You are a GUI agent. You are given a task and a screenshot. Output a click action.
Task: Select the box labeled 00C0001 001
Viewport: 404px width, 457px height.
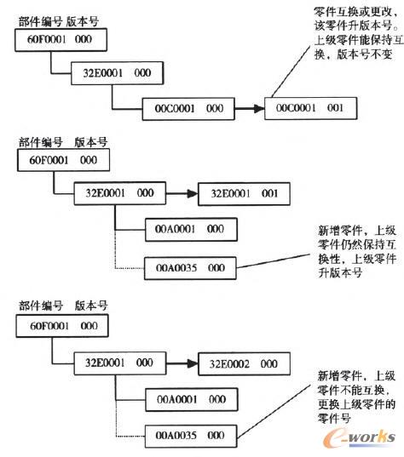(311, 109)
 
